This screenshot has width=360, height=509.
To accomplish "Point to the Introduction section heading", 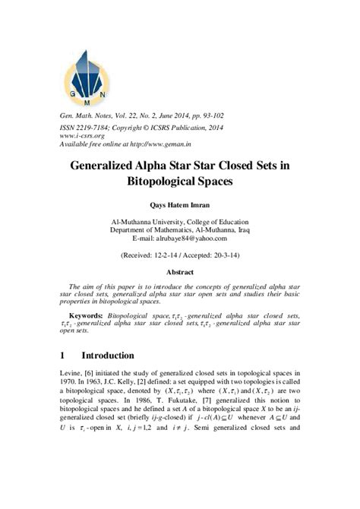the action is [x=118, y=356].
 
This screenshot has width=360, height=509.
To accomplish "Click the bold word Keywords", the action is [x=86, y=314].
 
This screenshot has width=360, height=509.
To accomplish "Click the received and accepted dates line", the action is [x=179, y=257].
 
